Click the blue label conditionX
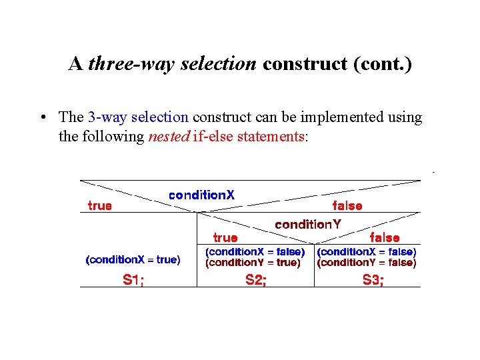point(201,195)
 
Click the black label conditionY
point(307,225)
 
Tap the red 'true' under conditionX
point(99,205)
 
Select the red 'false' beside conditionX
point(347,205)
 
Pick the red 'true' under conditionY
point(225,237)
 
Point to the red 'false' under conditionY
point(385,237)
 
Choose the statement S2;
point(255,280)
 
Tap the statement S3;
point(373,280)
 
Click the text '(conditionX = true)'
point(133,260)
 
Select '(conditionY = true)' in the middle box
point(253,263)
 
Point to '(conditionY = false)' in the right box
point(367,263)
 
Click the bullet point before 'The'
point(42,118)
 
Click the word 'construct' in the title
point(296,64)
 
